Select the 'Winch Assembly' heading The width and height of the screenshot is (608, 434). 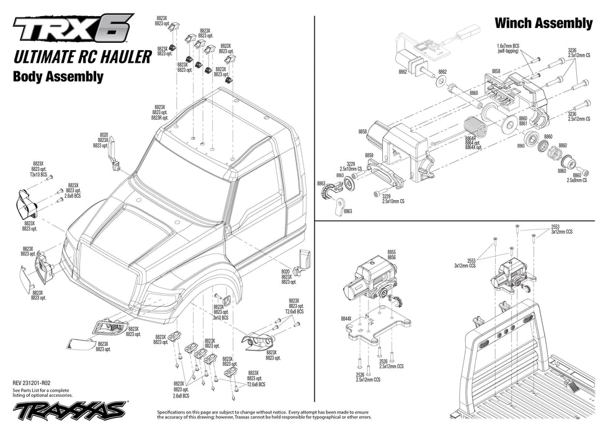(x=543, y=24)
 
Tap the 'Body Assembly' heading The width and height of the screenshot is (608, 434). (x=58, y=77)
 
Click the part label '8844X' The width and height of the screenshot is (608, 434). (x=346, y=319)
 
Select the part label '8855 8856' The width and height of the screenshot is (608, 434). (x=391, y=254)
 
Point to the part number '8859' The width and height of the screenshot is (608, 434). (x=369, y=156)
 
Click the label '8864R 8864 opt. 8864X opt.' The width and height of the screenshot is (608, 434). (x=473, y=143)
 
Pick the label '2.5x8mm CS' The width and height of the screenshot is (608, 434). (x=578, y=180)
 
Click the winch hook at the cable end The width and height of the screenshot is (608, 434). (x=338, y=205)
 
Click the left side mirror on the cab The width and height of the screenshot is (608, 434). (x=115, y=159)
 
